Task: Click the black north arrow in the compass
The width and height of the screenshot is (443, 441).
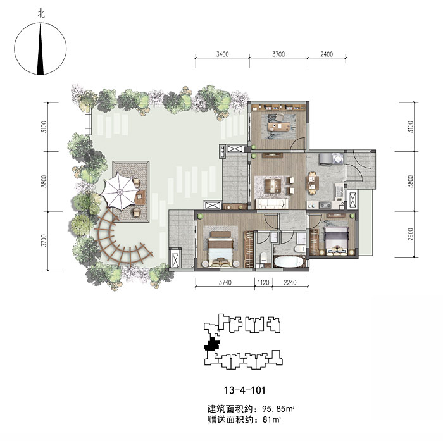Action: point(41,50)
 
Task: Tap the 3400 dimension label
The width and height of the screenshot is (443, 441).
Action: point(222,54)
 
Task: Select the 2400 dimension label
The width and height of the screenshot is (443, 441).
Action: point(327,54)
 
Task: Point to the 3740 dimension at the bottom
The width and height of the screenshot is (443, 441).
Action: point(225,283)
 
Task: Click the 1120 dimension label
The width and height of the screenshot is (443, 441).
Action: point(263,283)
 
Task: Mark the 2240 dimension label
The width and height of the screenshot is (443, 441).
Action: point(290,283)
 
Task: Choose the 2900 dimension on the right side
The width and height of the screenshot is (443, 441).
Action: point(411,234)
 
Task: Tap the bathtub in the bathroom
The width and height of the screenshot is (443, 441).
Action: point(289,261)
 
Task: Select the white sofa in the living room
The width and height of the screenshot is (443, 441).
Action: point(272,204)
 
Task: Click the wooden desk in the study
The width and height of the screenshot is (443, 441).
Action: point(279,127)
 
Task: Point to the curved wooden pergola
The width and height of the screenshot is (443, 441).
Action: point(120,244)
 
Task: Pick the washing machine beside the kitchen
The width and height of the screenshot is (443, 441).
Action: point(337,158)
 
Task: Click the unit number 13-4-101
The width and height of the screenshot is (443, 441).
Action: point(245,390)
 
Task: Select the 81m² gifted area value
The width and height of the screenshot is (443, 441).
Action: point(271,420)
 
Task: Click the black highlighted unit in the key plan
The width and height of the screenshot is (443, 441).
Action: point(212,344)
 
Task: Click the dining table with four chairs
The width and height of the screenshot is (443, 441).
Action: point(312,183)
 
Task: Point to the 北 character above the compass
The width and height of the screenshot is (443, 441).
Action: point(41,14)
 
